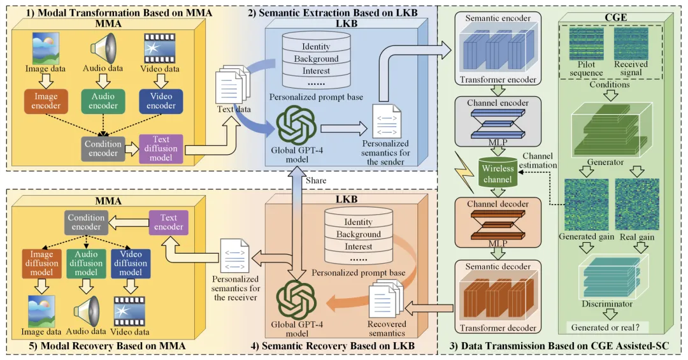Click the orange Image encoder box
(46, 101)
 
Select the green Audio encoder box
(103, 101)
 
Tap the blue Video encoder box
(161, 101)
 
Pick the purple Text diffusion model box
(161, 149)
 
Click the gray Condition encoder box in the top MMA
(103, 149)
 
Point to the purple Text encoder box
(168, 222)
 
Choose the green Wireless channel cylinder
(498, 173)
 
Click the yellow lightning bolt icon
(464, 173)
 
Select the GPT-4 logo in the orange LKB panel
(296, 300)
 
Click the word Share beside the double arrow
(316, 180)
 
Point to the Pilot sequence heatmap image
(586, 44)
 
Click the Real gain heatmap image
(637, 205)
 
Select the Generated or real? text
(606, 328)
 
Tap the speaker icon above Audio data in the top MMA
(103, 48)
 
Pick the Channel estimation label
(538, 161)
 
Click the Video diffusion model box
(131, 263)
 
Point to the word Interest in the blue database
(316, 71)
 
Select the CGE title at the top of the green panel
(615, 18)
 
